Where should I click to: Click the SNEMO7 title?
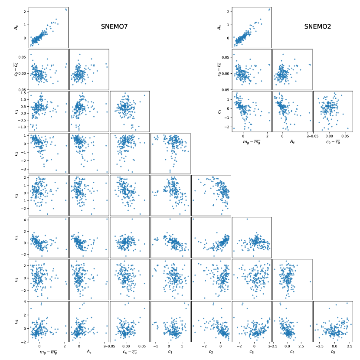pyautogui.click(x=114, y=26)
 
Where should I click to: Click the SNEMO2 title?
pyautogui.click(x=317, y=26)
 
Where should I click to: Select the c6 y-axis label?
pyautogui.click(x=16, y=321)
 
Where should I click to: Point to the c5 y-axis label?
pyautogui.click(x=16, y=279)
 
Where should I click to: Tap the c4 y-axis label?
pyautogui.click(x=16, y=237)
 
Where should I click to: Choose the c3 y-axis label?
pyautogui.click(x=16, y=195)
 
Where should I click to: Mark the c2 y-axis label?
pyautogui.click(x=16, y=153)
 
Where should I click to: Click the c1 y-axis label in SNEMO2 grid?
pyautogui.click(x=220, y=111)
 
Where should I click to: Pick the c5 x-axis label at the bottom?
pyautogui.click(x=333, y=352)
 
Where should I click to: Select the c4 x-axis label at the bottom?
pyautogui.click(x=292, y=352)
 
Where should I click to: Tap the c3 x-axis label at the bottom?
pyautogui.click(x=252, y=352)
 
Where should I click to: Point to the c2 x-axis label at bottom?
pyautogui.click(x=211, y=352)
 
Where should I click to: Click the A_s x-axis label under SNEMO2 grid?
pyautogui.click(x=292, y=141)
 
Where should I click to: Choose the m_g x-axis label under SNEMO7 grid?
pyautogui.click(x=48, y=352)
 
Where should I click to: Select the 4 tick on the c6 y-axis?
pyautogui.click(x=26, y=301)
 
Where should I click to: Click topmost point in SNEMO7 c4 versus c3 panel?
pyautogui.click(x=247, y=219)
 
